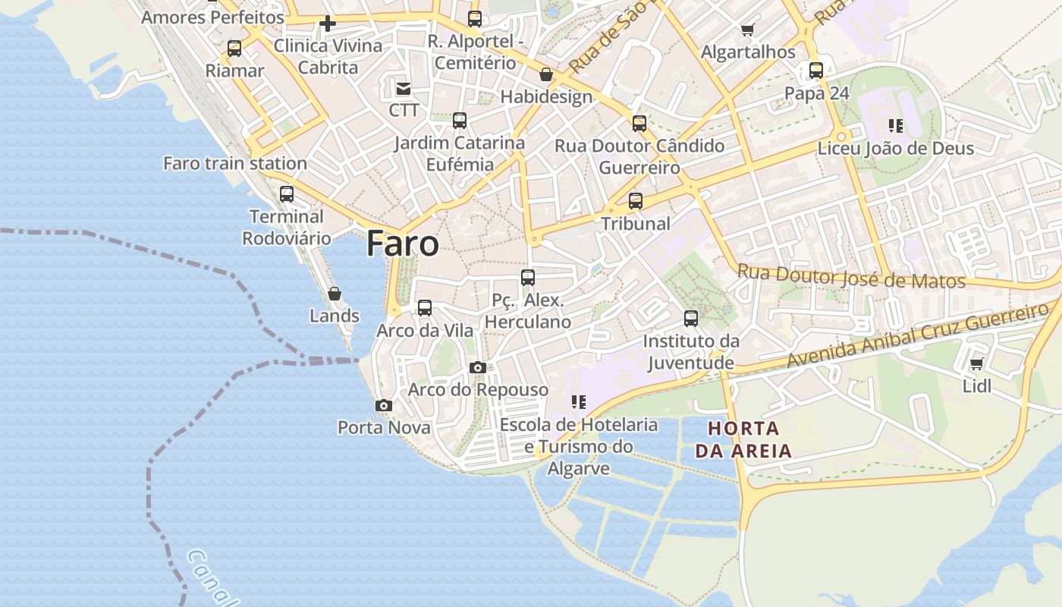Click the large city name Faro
coord(402,244)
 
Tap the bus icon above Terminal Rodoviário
coord(287,193)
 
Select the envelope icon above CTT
coord(404,89)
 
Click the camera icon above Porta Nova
coord(384,405)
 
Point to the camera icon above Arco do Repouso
coord(477,367)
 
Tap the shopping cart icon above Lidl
coord(977,364)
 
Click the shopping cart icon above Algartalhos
coord(748,30)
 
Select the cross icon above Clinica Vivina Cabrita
coord(328,24)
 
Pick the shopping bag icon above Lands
coord(334,294)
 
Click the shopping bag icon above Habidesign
coord(546,74)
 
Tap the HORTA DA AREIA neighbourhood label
coord(743,439)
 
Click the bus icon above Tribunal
coord(636,201)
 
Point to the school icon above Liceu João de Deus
coord(896,125)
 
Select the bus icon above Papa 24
coord(816,71)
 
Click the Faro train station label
coord(235,163)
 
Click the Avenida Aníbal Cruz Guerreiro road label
coord(918,335)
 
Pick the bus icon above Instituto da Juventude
coord(691,318)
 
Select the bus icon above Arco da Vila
coord(425,307)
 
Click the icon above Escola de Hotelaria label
coord(579,402)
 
